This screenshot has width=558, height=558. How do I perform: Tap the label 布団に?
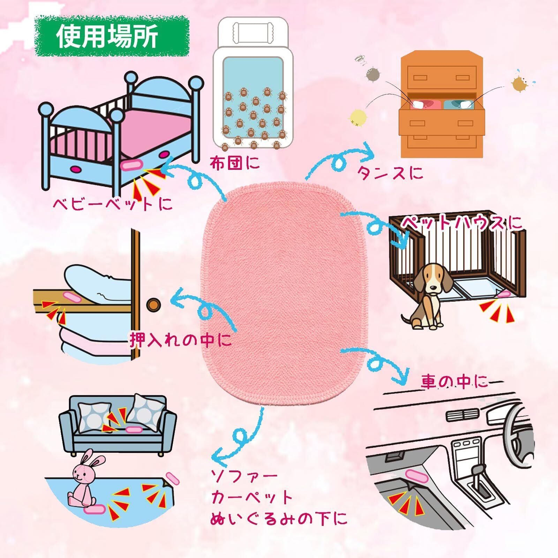[x=235, y=163]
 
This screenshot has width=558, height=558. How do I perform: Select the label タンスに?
[x=390, y=172]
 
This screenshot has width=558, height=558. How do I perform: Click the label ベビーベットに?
[x=112, y=204]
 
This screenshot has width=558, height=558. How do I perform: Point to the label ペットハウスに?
[x=461, y=223]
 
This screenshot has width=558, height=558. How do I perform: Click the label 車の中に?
[x=454, y=383]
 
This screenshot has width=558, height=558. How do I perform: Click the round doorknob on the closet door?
[x=152, y=304]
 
